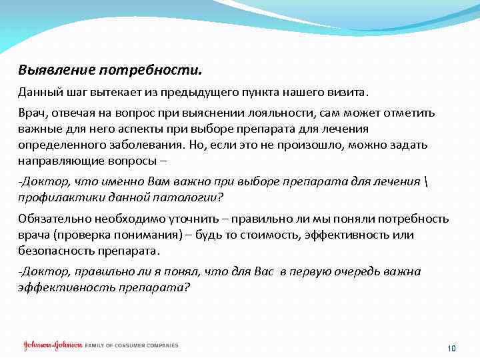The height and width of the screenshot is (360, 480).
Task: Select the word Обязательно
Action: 52,219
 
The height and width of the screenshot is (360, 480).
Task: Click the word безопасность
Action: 54,251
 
